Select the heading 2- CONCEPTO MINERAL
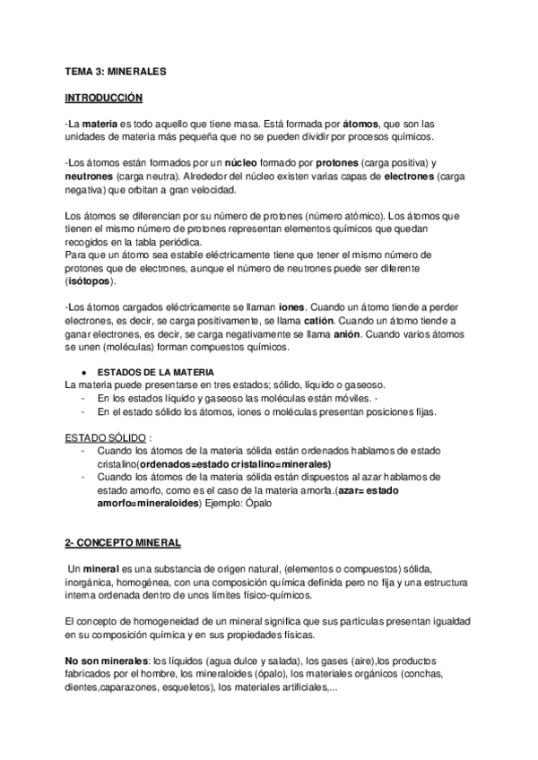click(x=123, y=543)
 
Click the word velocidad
click(x=187, y=191)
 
